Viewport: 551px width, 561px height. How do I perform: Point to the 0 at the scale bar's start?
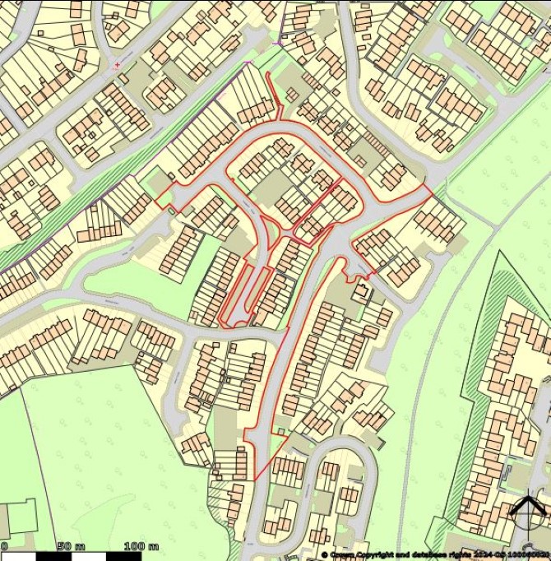point(5,546)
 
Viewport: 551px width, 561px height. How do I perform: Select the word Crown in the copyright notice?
point(345,555)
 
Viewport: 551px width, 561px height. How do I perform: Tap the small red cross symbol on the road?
point(118,63)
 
